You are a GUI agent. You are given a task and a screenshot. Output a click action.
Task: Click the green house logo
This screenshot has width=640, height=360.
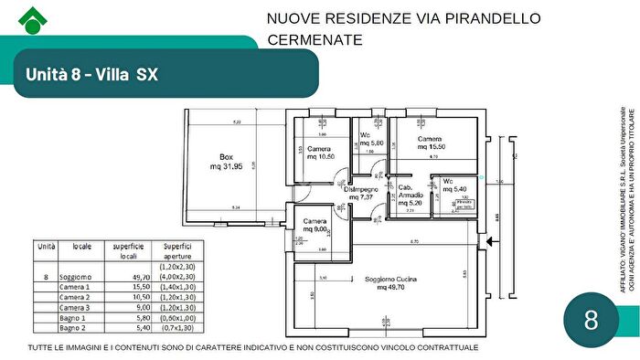point(32,18)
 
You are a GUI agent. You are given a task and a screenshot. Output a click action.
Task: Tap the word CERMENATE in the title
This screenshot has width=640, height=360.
point(315,40)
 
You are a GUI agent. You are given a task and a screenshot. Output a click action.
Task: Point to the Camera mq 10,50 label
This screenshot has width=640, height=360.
point(320,153)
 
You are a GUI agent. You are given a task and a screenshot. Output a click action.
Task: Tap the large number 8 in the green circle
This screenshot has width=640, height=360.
point(591,321)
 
